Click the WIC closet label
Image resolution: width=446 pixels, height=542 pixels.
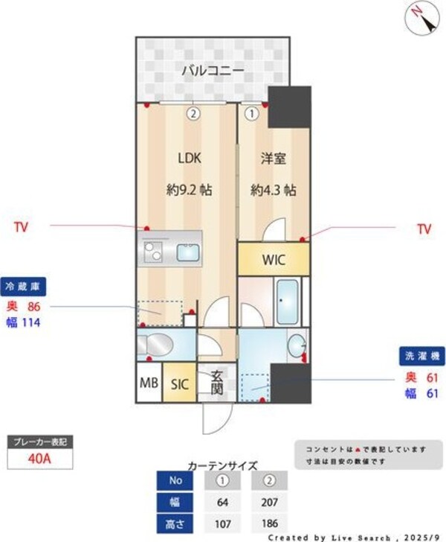[273, 260]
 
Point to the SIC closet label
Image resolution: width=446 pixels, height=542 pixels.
[180, 384]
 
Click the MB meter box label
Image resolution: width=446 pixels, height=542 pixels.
[148, 384]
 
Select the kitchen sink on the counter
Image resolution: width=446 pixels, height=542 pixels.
[187, 252]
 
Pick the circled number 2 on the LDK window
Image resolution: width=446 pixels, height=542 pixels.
[193, 115]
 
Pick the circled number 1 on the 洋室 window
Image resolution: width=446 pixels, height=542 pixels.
[251, 115]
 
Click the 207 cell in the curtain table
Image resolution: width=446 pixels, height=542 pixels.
[269, 502]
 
